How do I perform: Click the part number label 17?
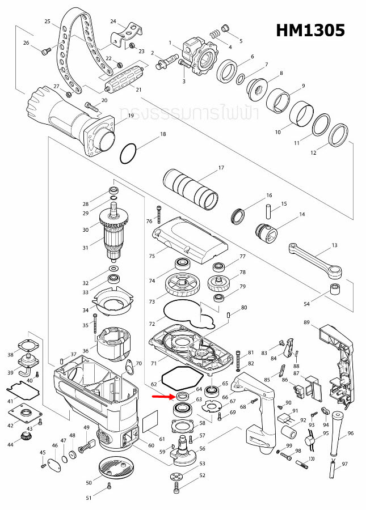point(221,168)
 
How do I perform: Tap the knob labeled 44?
point(26,437)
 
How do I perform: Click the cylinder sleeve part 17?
point(191,188)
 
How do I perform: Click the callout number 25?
point(48,22)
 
